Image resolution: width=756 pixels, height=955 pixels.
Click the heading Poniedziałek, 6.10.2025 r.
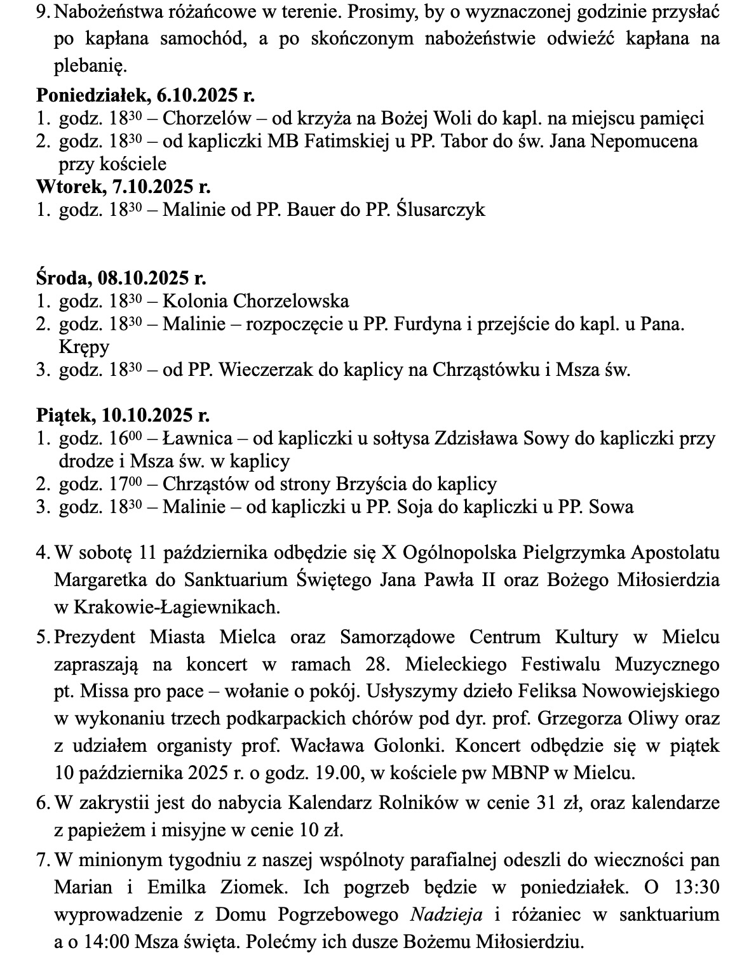coord(145,96)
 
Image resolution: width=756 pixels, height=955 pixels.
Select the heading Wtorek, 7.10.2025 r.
coord(123,187)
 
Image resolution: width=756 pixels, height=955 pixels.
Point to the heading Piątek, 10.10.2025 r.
coord(123,415)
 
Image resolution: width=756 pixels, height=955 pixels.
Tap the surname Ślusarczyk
coord(440,210)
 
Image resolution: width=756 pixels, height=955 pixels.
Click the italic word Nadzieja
coord(447,914)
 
